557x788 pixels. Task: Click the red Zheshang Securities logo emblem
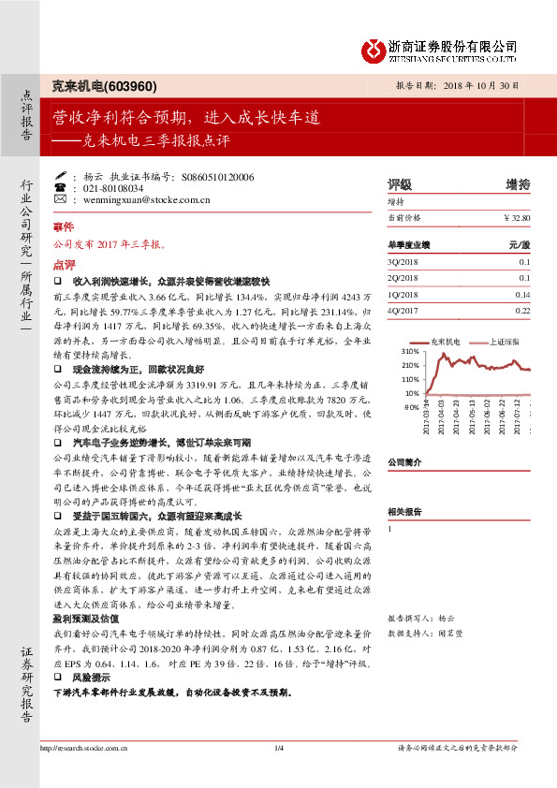click(x=374, y=49)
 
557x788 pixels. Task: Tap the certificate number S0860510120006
click(x=218, y=176)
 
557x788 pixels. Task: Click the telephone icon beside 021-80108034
click(x=60, y=187)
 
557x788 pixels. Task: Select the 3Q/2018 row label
click(x=402, y=262)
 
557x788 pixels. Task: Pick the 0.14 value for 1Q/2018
click(x=522, y=294)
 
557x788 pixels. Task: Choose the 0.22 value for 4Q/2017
click(x=522, y=310)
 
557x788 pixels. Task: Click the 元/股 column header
click(x=520, y=244)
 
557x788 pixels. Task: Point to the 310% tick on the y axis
click(x=410, y=351)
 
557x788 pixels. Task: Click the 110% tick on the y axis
click(x=410, y=380)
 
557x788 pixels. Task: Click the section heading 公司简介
click(x=404, y=462)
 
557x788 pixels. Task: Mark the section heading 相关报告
click(x=404, y=511)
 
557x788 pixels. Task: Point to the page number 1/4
click(x=278, y=773)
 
